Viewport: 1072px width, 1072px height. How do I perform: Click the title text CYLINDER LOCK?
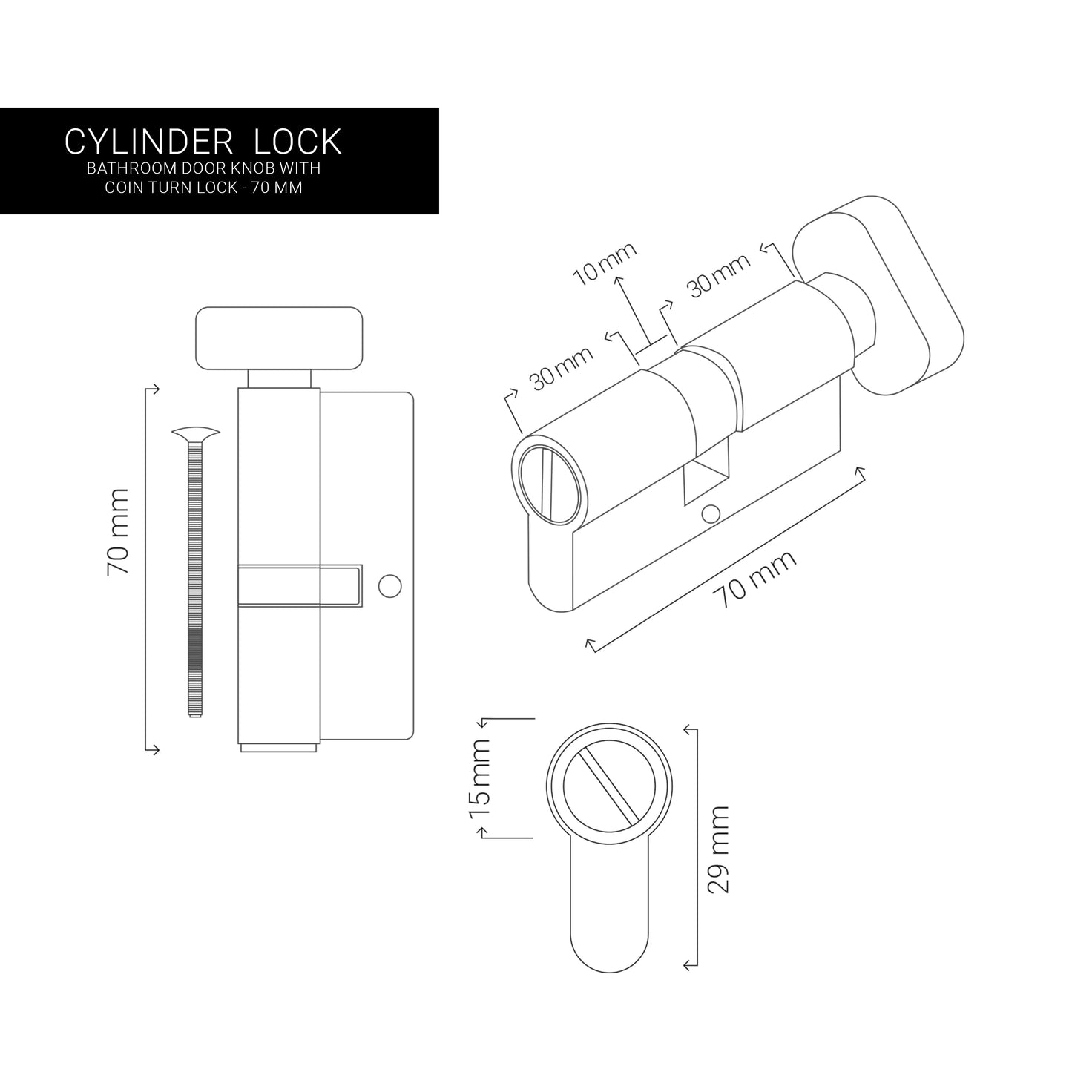pos(203,141)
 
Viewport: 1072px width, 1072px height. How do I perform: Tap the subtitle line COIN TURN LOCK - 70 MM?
pos(203,188)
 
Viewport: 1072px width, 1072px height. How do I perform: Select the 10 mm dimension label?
pos(605,264)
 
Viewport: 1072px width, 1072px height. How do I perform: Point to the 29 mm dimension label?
pos(718,850)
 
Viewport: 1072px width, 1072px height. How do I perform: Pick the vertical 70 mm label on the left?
pos(118,531)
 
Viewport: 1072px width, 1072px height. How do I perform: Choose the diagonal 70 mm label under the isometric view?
pos(754,578)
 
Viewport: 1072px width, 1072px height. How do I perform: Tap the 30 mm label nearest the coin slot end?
pos(561,369)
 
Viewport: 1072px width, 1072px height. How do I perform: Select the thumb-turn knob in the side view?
pos(279,339)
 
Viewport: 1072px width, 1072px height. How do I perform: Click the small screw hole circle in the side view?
pos(389,585)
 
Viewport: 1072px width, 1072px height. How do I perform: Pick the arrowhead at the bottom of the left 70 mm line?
pos(154,749)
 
